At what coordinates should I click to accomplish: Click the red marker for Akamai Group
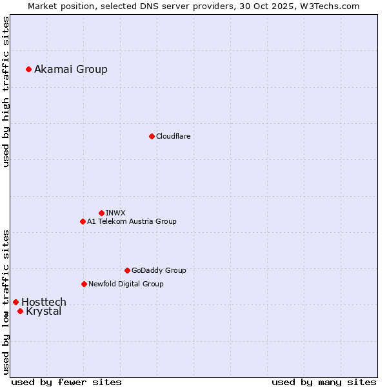[x=28, y=69]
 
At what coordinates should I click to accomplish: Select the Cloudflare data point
[x=152, y=136]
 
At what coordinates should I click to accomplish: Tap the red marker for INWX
[x=101, y=213]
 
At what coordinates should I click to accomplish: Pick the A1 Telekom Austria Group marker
[x=83, y=221]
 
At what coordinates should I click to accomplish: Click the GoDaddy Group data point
[x=127, y=270]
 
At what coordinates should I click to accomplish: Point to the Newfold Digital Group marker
[x=84, y=284]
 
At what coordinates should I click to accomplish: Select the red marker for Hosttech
[x=15, y=302]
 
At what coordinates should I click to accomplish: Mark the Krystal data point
[x=20, y=311]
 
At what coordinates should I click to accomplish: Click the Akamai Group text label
[x=71, y=69]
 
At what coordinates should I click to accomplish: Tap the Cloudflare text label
[x=174, y=136]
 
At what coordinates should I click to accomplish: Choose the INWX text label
[x=115, y=213]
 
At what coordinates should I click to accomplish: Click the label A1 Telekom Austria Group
[x=132, y=221]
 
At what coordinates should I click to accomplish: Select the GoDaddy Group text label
[x=159, y=270]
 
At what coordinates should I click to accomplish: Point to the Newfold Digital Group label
[x=126, y=284]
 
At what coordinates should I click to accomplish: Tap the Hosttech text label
[x=44, y=302]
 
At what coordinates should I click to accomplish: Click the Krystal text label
[x=44, y=312]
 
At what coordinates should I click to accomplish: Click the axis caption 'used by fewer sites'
[x=66, y=382]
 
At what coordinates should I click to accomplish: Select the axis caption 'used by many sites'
[x=324, y=382]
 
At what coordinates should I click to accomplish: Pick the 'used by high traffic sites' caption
[x=6, y=92]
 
